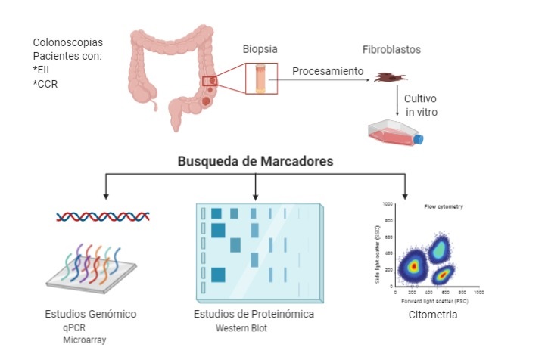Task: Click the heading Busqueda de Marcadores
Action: pos(256,161)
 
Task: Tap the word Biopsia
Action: pos(260,49)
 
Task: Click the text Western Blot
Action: pos(241,327)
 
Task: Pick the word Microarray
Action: pos(85,340)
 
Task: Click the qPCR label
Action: pos(74,328)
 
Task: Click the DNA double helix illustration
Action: pos(102,216)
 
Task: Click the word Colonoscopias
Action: pos(68,42)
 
